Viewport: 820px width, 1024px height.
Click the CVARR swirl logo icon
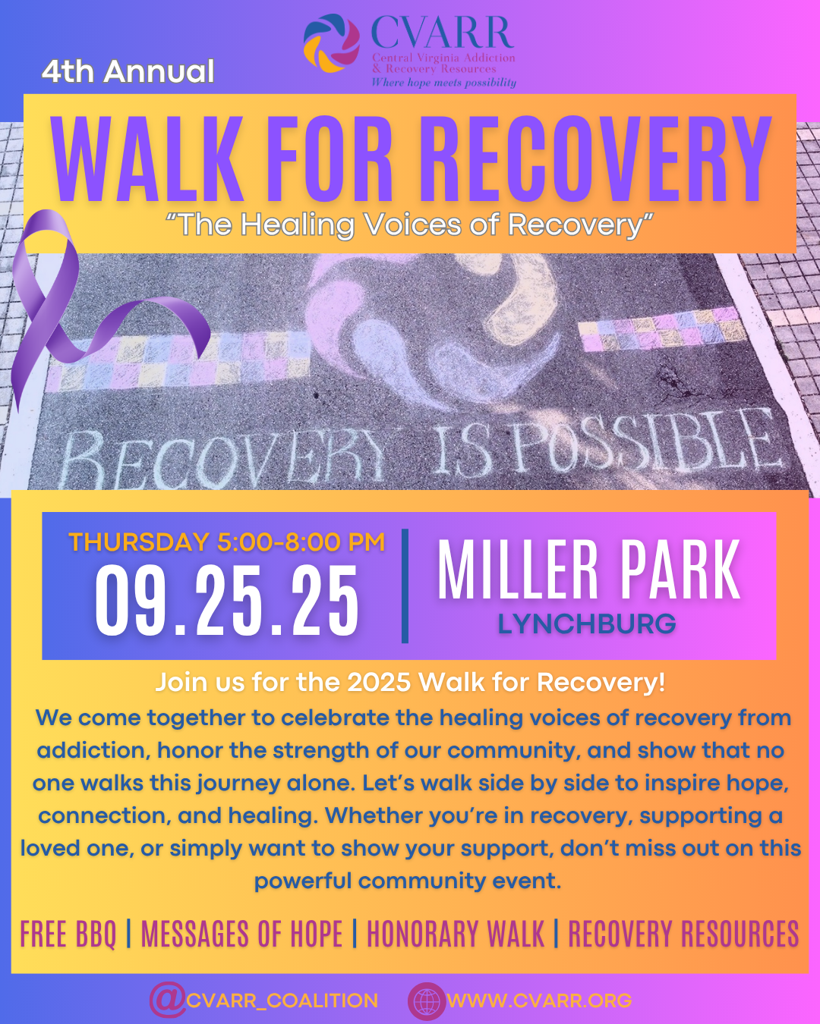click(332, 43)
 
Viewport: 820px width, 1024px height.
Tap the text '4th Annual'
click(128, 71)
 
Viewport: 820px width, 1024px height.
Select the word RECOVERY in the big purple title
click(595, 159)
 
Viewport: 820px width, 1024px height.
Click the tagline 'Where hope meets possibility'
click(443, 83)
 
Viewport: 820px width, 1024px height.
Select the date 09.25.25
click(227, 601)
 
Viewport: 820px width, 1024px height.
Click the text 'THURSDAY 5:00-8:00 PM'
click(227, 542)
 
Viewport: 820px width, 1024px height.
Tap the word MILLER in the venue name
click(518, 570)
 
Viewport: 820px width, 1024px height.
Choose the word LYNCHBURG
click(587, 624)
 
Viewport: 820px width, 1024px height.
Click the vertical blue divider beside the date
click(405, 586)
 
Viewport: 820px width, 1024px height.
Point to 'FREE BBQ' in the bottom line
click(68, 934)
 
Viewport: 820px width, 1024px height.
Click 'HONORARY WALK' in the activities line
click(456, 934)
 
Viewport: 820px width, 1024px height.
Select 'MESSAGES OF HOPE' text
click(242, 934)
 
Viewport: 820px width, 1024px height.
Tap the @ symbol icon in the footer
click(168, 1000)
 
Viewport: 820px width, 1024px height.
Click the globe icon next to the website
click(427, 1000)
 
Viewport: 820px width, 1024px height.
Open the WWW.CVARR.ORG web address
click(540, 1000)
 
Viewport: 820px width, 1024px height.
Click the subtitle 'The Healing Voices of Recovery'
click(409, 224)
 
